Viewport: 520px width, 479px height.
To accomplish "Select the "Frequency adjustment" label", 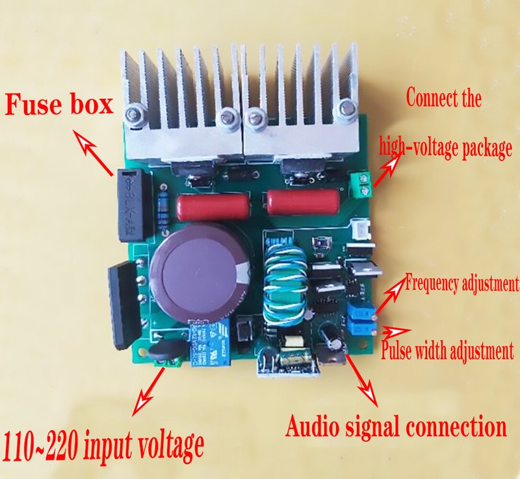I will (x=462, y=283).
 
